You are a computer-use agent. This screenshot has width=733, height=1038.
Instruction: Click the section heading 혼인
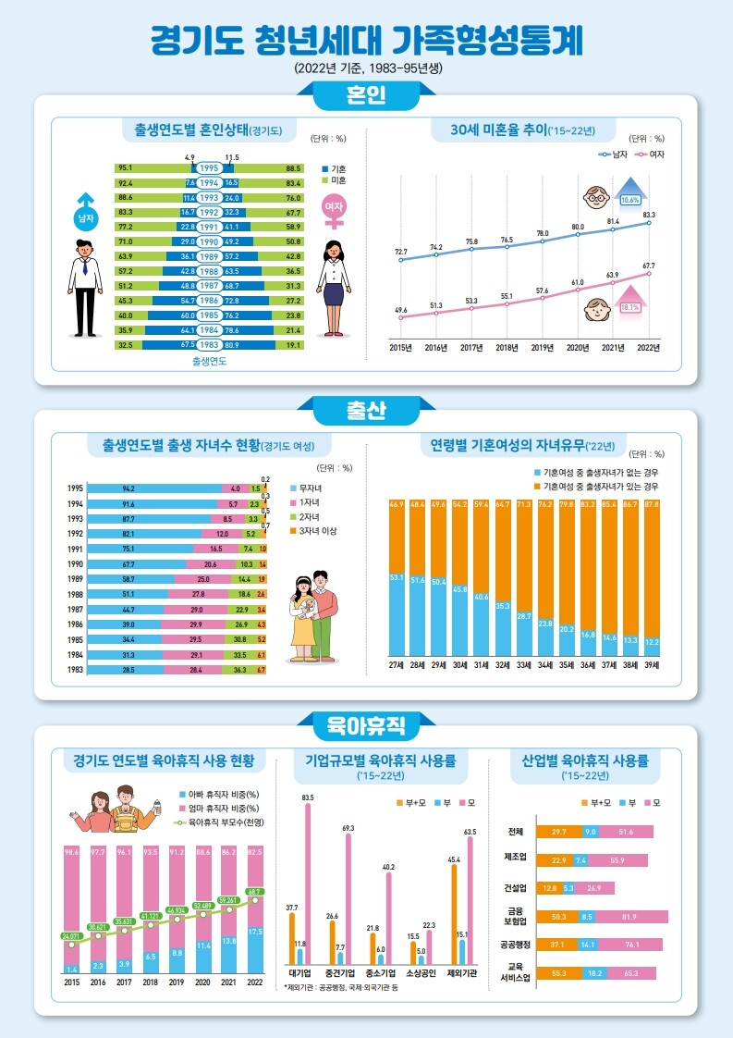(366, 95)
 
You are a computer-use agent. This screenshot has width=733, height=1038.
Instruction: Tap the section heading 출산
(366, 410)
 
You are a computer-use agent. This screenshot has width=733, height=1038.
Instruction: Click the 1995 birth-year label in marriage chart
(209, 168)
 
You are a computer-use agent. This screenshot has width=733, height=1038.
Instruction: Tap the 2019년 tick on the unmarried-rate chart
(543, 348)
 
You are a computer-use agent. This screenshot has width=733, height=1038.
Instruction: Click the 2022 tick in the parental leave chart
(255, 983)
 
